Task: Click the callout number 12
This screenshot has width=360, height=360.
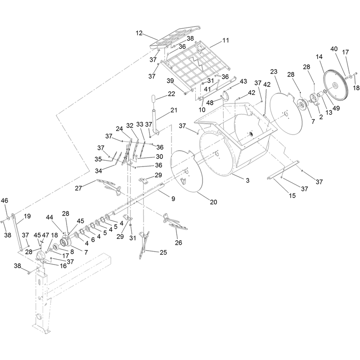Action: [x=139, y=33]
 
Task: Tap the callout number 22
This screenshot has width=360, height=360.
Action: [x=171, y=94]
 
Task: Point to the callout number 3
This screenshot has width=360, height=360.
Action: [x=247, y=180]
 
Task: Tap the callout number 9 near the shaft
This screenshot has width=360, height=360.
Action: [x=173, y=198]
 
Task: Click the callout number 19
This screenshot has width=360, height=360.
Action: [x=27, y=216]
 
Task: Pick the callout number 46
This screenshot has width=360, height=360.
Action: [x=4, y=200]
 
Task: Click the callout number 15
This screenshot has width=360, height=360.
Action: [x=292, y=196]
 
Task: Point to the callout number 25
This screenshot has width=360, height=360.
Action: [x=163, y=252]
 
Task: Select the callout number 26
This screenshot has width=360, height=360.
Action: [x=178, y=243]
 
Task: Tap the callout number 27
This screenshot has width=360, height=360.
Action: [x=78, y=188]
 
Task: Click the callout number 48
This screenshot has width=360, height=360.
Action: [x=210, y=103]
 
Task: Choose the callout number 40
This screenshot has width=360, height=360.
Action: [x=334, y=49]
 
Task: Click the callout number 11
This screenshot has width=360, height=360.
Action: [x=226, y=40]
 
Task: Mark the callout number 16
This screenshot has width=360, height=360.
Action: [x=63, y=266]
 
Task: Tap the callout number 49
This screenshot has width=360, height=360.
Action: [x=336, y=108]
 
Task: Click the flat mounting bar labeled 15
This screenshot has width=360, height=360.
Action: [x=283, y=170]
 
